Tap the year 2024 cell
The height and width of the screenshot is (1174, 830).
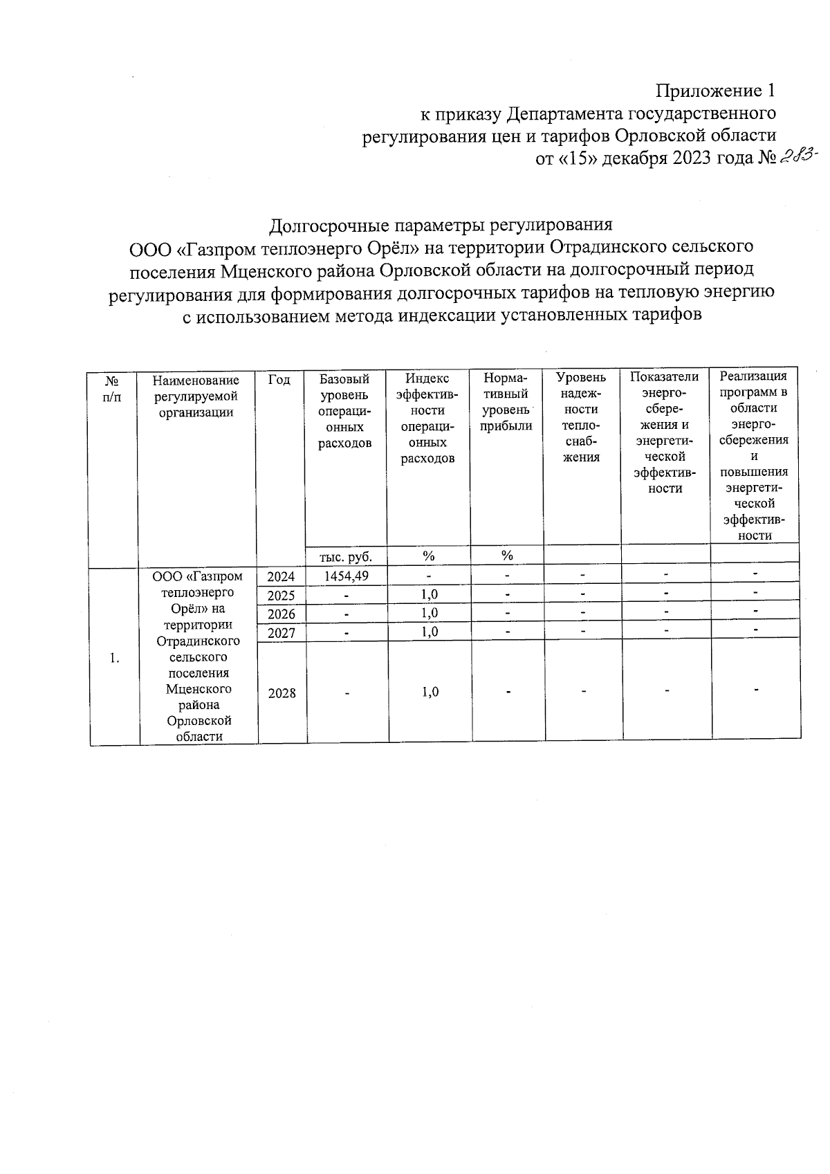(282, 576)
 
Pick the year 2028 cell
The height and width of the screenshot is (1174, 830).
(282, 693)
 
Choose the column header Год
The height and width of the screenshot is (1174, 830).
(279, 380)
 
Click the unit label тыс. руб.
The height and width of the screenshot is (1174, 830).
(345, 556)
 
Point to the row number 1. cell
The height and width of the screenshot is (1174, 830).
(114, 658)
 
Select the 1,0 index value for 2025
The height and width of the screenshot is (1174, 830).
(429, 594)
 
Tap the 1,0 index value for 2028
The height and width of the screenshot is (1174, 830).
(429, 692)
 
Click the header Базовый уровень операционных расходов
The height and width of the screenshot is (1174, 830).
(344, 411)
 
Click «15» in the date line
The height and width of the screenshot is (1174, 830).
(578, 158)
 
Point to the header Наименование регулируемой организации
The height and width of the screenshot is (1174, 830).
(196, 396)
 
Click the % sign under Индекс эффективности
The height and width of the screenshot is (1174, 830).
(429, 556)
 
